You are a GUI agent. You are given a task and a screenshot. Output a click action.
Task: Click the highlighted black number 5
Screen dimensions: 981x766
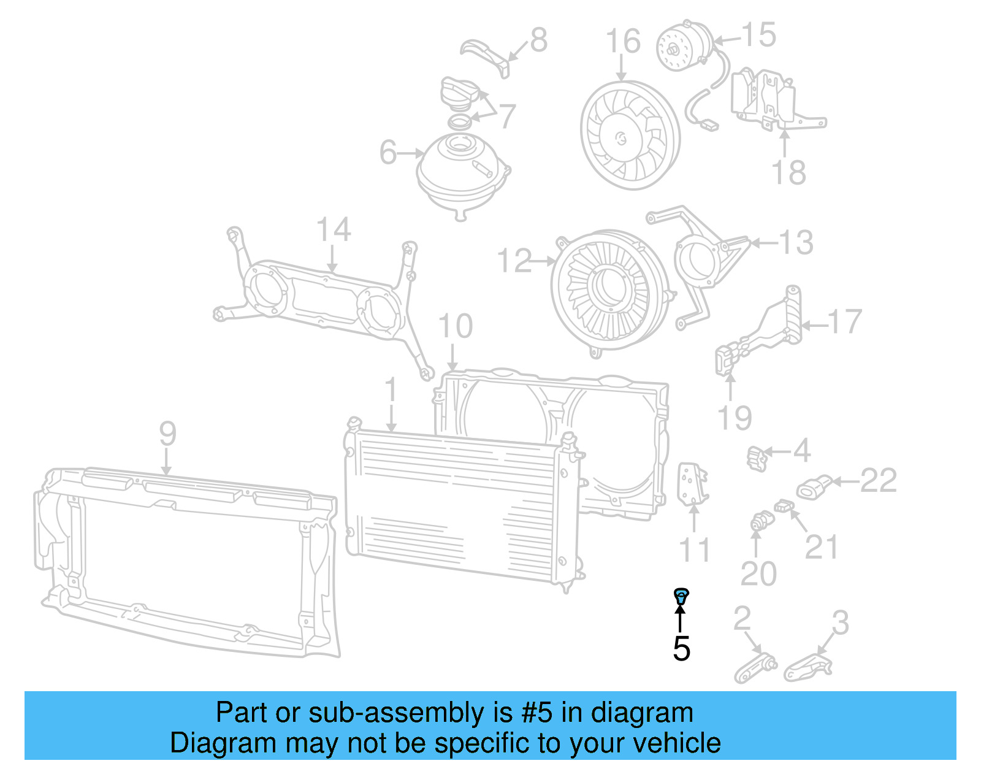coord(681,649)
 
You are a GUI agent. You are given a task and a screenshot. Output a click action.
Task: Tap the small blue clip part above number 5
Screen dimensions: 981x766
coord(681,594)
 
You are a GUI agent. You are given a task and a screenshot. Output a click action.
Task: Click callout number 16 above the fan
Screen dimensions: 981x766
coord(623,42)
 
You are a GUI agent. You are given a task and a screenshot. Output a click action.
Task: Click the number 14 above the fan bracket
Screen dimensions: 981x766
coord(334,230)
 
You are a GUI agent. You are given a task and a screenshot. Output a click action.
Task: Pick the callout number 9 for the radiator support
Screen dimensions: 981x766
coord(167,434)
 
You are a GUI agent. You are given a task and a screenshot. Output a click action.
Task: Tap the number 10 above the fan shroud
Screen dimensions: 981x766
coord(456,326)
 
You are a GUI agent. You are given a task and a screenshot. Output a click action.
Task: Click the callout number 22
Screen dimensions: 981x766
coord(879,480)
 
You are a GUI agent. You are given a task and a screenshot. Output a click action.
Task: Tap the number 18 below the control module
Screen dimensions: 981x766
coord(788,173)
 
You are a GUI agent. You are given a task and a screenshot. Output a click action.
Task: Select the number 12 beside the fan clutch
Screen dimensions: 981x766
coord(514,261)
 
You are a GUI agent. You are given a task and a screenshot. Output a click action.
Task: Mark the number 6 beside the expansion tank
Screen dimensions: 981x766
coord(387,152)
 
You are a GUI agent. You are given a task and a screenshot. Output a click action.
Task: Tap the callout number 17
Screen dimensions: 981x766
coord(844,321)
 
